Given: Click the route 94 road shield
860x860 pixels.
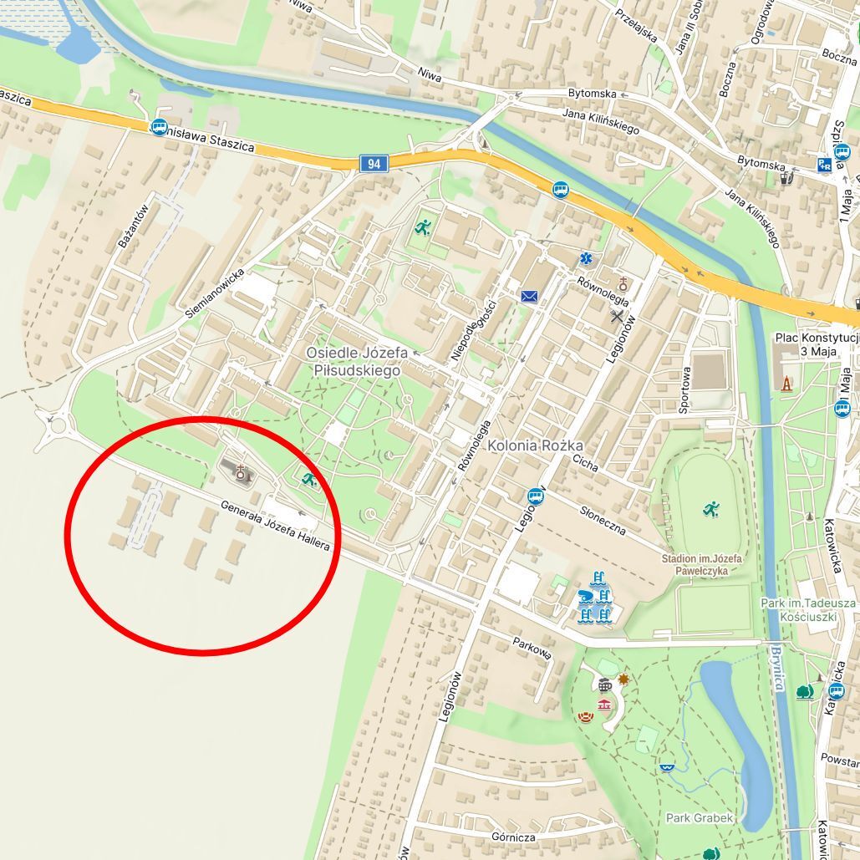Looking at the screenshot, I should pos(374,164).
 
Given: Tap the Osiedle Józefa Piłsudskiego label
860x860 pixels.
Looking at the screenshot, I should pos(357,362).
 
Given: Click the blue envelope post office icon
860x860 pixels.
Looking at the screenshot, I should pos(529,296).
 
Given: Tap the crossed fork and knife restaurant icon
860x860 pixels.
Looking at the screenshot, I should pos(618,315).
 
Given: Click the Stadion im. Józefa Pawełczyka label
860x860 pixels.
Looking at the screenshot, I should pos(702,565).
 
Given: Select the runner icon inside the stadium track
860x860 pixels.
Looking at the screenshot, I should pos(710,508).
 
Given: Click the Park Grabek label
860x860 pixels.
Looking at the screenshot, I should pos(700,817).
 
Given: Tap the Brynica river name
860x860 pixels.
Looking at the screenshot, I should pos(777,668).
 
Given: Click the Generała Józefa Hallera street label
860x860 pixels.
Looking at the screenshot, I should pos(276,525).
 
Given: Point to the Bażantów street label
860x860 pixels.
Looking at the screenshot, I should pos(134,226).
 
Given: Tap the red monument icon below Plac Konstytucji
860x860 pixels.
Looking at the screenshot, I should pos(786,384).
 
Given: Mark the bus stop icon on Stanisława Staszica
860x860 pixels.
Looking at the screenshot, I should pos(159,128).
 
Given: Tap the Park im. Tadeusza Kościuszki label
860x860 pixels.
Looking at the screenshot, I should pos(807,609).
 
